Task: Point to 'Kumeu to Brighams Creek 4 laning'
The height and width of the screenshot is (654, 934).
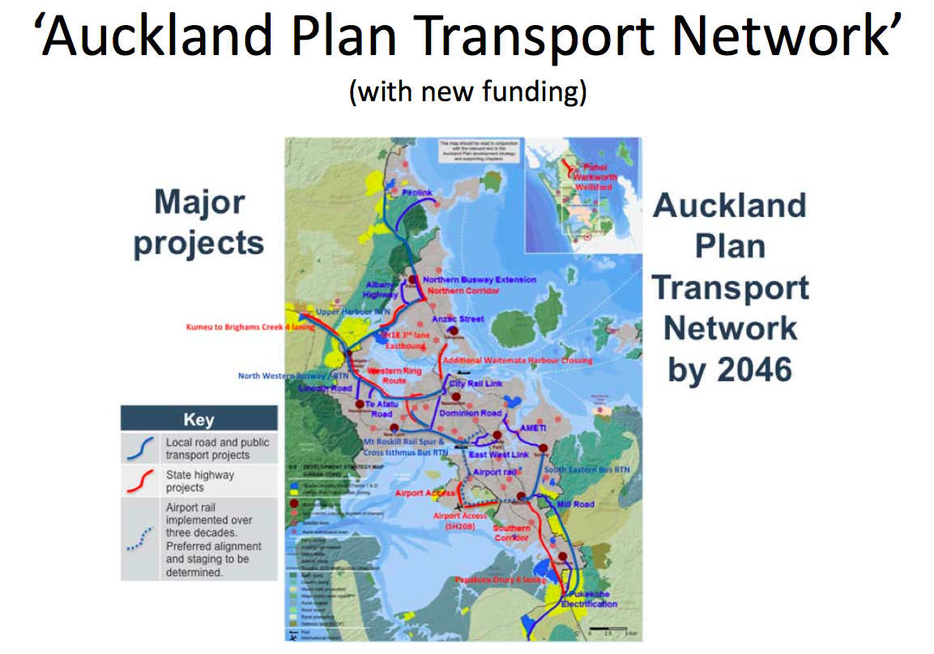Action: (x=249, y=328)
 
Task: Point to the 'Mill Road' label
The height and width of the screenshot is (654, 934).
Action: (x=576, y=504)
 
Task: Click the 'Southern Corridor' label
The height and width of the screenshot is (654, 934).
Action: (x=512, y=533)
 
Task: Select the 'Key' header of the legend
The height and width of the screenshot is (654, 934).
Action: (x=199, y=419)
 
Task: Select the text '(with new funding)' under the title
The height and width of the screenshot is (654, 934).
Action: (x=467, y=91)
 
